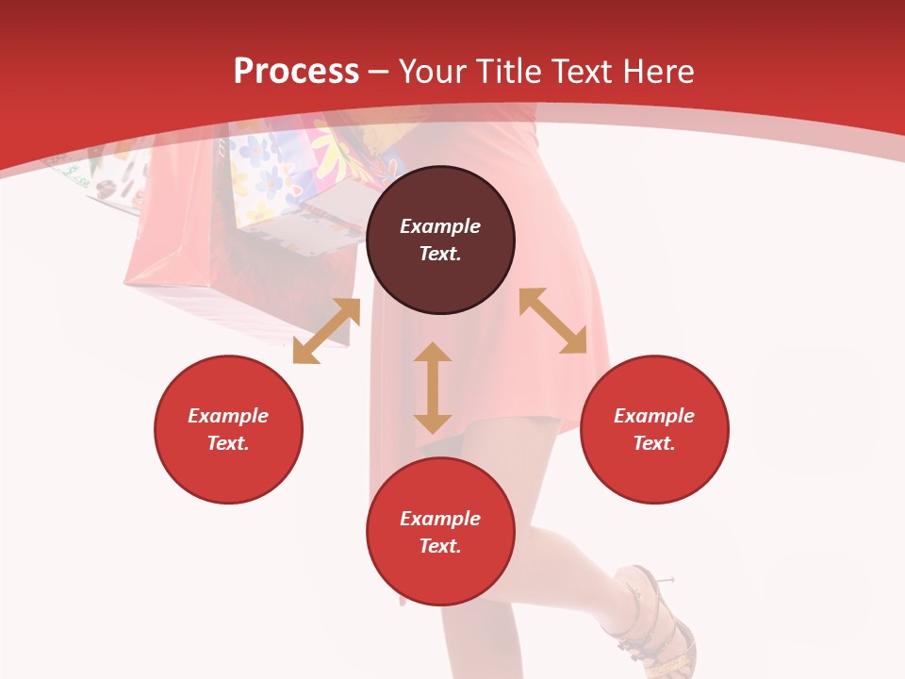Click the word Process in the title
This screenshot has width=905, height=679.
[x=296, y=72]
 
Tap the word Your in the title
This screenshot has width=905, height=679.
[x=433, y=72]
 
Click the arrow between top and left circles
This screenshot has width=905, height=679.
[x=326, y=331]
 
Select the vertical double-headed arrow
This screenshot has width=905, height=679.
[x=433, y=388]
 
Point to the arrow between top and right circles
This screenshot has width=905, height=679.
[x=552, y=321]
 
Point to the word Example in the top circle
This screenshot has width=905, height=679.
[x=440, y=226]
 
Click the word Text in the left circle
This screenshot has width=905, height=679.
[x=228, y=443]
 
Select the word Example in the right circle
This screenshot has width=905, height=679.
[x=654, y=416]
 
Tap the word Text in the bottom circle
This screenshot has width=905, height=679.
[x=440, y=546]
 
